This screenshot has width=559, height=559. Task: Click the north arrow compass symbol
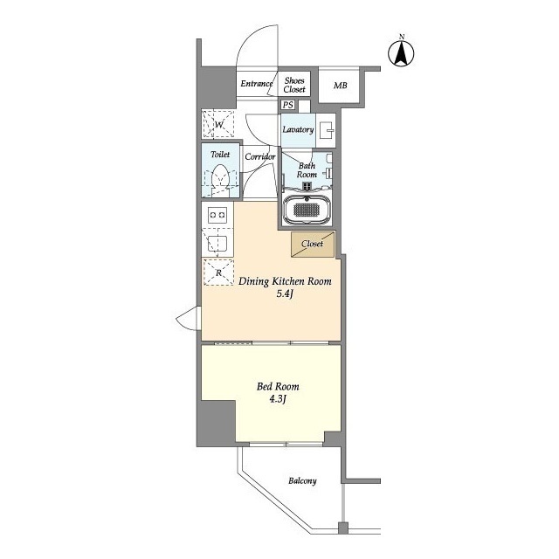pos(401,53)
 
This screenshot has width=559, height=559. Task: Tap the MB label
pos(340,86)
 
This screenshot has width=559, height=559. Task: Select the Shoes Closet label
pos(294,85)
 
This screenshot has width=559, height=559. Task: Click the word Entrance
pos(257,84)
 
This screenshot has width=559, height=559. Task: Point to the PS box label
pos(288,105)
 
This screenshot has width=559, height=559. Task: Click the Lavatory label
pos(298,129)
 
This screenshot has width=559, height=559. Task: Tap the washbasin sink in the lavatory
pos(327,130)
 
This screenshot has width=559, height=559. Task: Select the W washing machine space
pos(218,124)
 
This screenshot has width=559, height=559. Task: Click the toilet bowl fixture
pos(220,180)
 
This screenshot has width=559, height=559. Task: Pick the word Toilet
pos(220,155)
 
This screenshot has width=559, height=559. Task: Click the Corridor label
pos(260,156)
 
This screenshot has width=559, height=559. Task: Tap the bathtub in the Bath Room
pos(307,210)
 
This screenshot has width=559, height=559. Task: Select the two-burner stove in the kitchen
pos(217,215)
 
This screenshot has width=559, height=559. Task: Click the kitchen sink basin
pos(217,244)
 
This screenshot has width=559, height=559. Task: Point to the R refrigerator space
pos(218,273)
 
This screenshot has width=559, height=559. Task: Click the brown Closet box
pos(313,245)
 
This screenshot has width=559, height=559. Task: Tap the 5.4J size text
pos(285,294)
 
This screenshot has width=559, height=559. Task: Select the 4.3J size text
pos(278,399)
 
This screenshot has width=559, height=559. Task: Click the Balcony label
pos(302,481)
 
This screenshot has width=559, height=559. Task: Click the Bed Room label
pos(278,386)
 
